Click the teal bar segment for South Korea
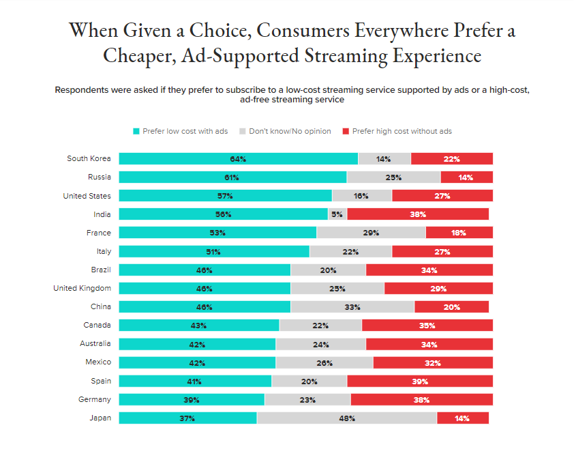[238, 159]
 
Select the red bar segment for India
[418, 214]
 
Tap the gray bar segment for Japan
[346, 418]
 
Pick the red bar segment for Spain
[420, 381]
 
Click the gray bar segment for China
[352, 306]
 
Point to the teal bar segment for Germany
[192, 399]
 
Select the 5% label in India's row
[337, 214]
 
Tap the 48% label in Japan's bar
[347, 418]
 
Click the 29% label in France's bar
[372, 233]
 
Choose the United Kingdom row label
[82, 288]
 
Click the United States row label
[87, 196]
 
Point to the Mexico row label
[98, 362]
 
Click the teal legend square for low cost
[136, 131]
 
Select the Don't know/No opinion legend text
[290, 131]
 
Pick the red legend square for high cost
[346, 131]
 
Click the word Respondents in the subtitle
[85, 90]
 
